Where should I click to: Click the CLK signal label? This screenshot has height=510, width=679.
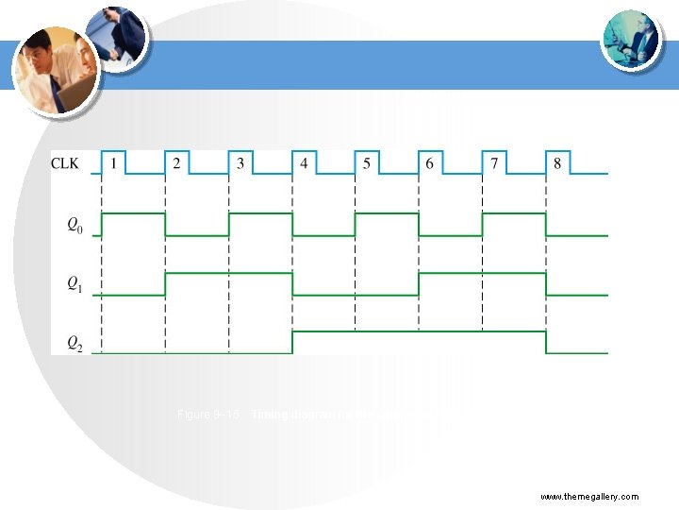pos(65,163)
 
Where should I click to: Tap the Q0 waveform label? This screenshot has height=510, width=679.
pos(74,225)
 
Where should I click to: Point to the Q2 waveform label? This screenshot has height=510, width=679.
pos(74,344)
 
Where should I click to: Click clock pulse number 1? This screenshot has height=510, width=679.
pos(113,163)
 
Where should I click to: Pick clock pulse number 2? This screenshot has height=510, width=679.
pos(176,163)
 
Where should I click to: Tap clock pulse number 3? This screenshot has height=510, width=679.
pos(240,163)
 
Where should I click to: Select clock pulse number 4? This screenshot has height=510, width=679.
pos(304,163)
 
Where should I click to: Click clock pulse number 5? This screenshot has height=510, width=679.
pos(367,163)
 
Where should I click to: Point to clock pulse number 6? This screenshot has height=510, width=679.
pos(430,163)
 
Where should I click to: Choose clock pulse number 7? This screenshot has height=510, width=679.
pos(494,163)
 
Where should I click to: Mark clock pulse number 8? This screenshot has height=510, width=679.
pos(557,163)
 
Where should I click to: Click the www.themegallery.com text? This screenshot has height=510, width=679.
pos(589,497)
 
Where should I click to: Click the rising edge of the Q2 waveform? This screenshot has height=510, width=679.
pos(292,342)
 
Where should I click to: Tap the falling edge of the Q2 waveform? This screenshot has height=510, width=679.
pos(546,342)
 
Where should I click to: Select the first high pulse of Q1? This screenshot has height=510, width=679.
pos(228,274)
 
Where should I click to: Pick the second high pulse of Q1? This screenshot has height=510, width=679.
pos(482,274)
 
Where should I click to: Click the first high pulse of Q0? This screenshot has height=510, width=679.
pos(133,214)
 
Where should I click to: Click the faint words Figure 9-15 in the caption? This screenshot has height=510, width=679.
pos(209,415)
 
